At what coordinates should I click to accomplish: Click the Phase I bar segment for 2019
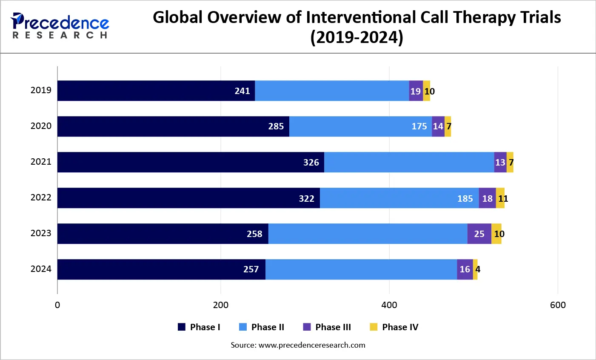pos(156,91)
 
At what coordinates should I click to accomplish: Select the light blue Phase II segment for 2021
pos(409,162)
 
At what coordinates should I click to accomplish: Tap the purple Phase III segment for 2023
pos(479,234)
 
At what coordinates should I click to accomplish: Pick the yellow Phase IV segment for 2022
pos(500,198)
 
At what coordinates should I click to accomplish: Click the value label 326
pos(311,163)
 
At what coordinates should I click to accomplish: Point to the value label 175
pos(419,126)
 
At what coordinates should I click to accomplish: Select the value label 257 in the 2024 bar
pos(251,269)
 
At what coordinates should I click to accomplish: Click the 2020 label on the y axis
pos(41,126)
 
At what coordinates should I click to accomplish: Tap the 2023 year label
pos(41,233)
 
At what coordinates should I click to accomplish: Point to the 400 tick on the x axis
pos(389,305)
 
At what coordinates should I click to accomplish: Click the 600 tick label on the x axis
pos(558,305)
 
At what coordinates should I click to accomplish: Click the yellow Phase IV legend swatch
pos(374,327)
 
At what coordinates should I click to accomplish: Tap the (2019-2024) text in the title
pos(356,37)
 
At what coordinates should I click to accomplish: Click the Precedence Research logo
pos(60,26)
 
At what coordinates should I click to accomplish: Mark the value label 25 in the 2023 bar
pos(479,234)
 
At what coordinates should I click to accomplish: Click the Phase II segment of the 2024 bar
pos(361,269)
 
